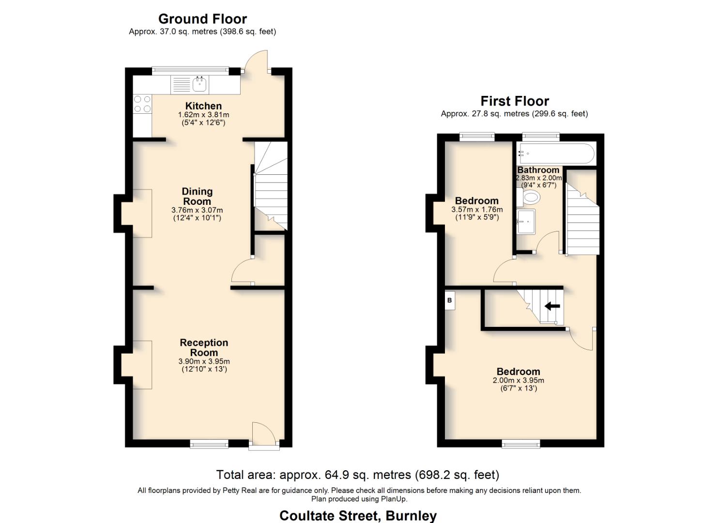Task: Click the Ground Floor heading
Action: (x=202, y=19)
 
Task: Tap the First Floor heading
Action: (x=514, y=101)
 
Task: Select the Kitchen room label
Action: (x=203, y=106)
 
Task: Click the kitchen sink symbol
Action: (x=199, y=85)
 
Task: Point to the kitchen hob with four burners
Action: (x=142, y=104)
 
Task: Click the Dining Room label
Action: (x=197, y=197)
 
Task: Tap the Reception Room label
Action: (x=204, y=348)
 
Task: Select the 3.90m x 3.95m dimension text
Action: (x=204, y=361)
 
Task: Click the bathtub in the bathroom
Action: (x=555, y=154)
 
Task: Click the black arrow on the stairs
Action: (x=552, y=306)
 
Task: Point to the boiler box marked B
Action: (x=449, y=301)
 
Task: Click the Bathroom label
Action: (x=538, y=170)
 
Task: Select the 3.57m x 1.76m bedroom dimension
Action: (x=477, y=210)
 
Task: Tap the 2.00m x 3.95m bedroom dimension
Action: (x=518, y=381)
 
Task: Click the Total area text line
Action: (x=357, y=475)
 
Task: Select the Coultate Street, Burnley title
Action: (x=358, y=516)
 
